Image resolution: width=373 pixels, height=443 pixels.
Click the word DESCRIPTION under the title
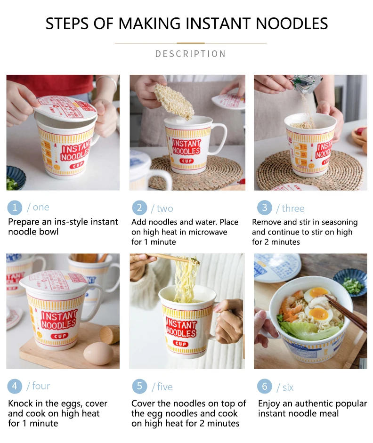tap(190, 54)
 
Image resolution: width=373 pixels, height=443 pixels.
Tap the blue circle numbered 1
tap(15, 208)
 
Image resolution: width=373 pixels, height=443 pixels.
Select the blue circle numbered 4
tap(15, 387)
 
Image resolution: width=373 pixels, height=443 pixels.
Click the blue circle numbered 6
tap(264, 387)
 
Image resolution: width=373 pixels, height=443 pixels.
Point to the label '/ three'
tap(290, 209)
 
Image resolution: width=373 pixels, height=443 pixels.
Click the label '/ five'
tap(162, 387)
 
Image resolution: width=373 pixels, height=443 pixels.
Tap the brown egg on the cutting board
tap(98, 353)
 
